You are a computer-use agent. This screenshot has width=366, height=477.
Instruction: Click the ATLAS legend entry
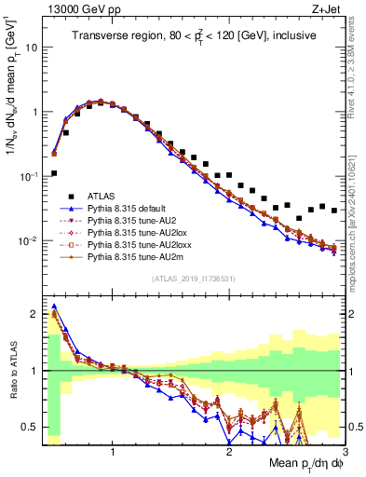coord(103,197)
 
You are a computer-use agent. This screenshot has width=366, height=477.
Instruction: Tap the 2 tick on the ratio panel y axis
coord(35,314)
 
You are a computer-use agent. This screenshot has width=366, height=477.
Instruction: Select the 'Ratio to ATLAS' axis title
coord(12,370)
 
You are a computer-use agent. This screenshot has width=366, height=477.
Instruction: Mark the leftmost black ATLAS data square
coord(54,173)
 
